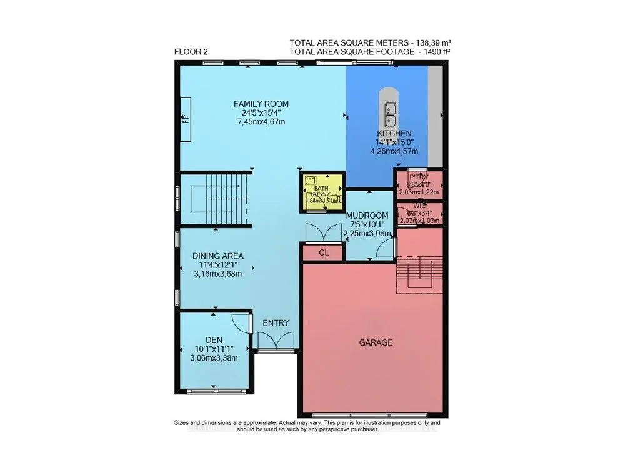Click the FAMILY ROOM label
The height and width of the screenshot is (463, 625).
click(261, 104)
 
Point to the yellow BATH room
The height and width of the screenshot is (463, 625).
click(321, 191)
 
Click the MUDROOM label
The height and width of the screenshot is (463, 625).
click(371, 216)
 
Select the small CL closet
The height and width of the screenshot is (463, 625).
click(322, 253)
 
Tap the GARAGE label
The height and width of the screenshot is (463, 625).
click(376, 342)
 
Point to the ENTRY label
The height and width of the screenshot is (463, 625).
click(276, 323)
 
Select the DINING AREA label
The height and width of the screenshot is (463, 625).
click(217, 256)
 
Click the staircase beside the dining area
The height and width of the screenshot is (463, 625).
click(214, 201)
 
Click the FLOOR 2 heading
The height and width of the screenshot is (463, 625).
click(191, 52)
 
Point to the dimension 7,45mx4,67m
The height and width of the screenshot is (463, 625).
click(261, 122)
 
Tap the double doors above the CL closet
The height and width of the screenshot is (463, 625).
click(322, 234)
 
